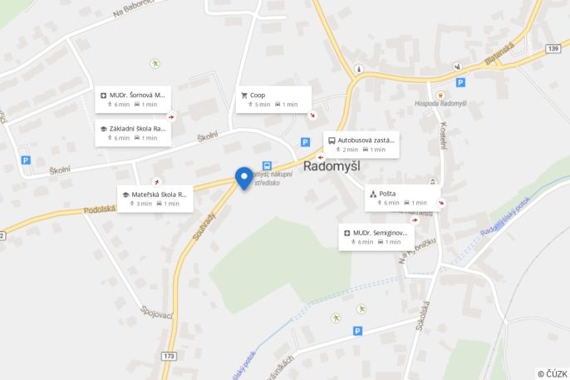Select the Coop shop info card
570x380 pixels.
coord(273,99)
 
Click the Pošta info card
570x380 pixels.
coord(402,197)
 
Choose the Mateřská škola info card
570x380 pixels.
coord(155,198)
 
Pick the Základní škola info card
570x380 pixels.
coord(133,133)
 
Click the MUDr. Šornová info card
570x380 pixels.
coord(133,99)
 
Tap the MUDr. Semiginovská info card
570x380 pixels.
coord(376,237)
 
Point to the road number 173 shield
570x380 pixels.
coord(170,356)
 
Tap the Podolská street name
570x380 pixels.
coord(99,210)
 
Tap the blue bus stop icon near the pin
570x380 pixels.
coord(267,165)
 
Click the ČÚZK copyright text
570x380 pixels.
coord(552,373)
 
